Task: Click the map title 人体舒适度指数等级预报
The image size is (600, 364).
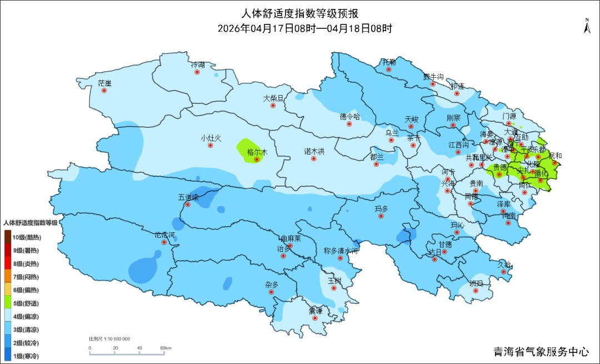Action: [x=300, y=14]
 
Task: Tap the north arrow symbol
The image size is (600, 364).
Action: [x=586, y=26]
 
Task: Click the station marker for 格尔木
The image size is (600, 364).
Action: [x=257, y=159]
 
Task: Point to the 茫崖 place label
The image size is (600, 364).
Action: [x=104, y=83]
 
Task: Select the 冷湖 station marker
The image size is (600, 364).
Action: [x=198, y=72]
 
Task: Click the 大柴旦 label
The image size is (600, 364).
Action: [x=273, y=98]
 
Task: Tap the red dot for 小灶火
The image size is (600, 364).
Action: [x=211, y=146]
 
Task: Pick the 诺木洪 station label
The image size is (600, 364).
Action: [x=314, y=151]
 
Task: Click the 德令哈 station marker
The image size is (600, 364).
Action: [x=350, y=124]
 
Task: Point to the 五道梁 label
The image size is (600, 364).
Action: [x=188, y=197]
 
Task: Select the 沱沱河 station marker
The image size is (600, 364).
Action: [x=164, y=242]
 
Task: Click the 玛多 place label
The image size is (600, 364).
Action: [x=381, y=208]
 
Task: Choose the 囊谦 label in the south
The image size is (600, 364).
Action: [x=316, y=311]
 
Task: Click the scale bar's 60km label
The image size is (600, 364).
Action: [x=166, y=348]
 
